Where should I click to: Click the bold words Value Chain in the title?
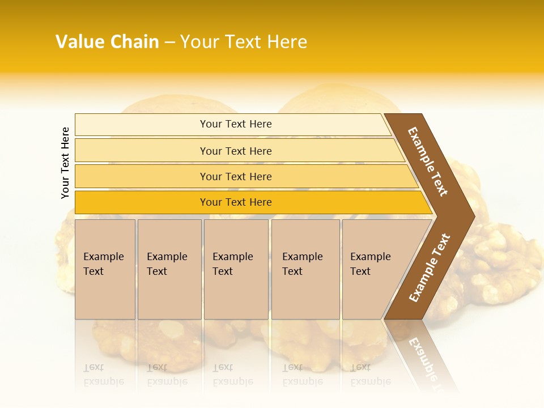tap(107, 42)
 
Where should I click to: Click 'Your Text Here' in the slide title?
tap(244, 42)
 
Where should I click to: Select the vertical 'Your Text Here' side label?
tap(65, 163)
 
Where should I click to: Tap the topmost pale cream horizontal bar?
tap(142, 125)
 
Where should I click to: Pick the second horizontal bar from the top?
tap(142, 151)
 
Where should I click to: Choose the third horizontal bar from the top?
tap(142, 177)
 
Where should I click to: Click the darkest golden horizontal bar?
tap(142, 202)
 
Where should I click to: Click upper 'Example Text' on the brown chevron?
tap(428, 161)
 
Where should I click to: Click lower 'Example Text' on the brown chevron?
tap(430, 267)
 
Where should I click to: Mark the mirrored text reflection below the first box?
tap(103, 375)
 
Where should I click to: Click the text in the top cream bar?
tap(236, 124)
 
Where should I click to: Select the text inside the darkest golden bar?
tap(236, 202)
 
